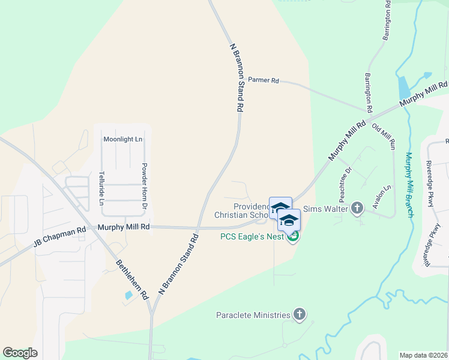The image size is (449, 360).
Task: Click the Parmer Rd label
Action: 264,79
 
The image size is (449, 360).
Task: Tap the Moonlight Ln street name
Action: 123,139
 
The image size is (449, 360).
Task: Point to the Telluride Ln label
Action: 101,188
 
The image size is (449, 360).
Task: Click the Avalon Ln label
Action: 381,196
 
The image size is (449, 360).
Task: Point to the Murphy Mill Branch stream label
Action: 409,184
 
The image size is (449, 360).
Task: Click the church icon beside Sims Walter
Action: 357,208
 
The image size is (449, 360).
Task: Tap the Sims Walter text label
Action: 326,208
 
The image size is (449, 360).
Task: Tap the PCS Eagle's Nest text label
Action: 252,236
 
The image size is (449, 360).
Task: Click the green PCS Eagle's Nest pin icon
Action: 293,237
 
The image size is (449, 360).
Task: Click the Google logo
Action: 20,353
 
